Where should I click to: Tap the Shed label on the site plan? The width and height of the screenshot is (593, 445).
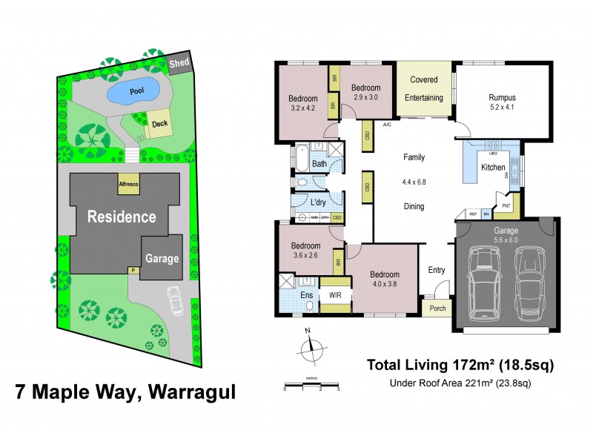(178, 63)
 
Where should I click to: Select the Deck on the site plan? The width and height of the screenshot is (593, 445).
(160, 124)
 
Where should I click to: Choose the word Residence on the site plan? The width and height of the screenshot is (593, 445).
(122, 217)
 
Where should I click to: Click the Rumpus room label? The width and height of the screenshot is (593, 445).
(502, 97)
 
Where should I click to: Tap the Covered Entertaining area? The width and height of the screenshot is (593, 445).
(424, 88)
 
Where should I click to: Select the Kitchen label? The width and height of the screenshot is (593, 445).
(493, 168)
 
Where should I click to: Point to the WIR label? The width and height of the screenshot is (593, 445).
(334, 294)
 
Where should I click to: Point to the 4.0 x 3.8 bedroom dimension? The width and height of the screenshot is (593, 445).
(385, 284)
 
